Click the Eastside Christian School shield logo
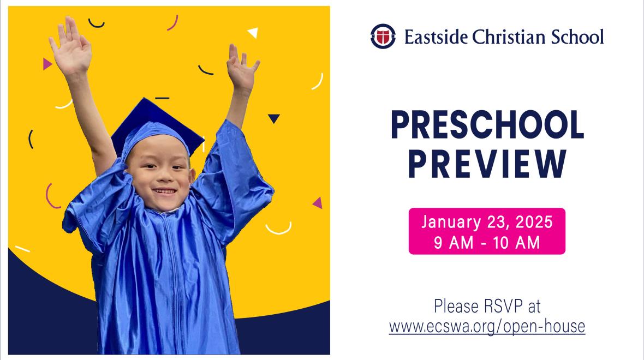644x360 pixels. pos(383,36)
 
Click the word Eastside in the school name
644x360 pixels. pos(436,37)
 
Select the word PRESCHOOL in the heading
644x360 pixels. pos(487,125)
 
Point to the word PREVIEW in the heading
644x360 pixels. pos(487,164)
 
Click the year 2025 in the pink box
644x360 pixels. pos(534,222)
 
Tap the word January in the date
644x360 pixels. pos(451,222)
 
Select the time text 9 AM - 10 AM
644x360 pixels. pos(487,243)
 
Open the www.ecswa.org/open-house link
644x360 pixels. pos(487,326)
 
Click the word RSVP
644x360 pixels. pos(503,306)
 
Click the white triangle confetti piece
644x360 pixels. pos(253,32)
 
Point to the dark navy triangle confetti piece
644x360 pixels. pos(273,118)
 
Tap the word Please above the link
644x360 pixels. pos(456,306)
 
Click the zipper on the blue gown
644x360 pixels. pos(172,283)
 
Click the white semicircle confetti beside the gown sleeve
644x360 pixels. pos(278,230)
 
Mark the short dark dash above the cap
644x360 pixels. pos(162,98)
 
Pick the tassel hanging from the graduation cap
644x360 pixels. pos(203,145)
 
